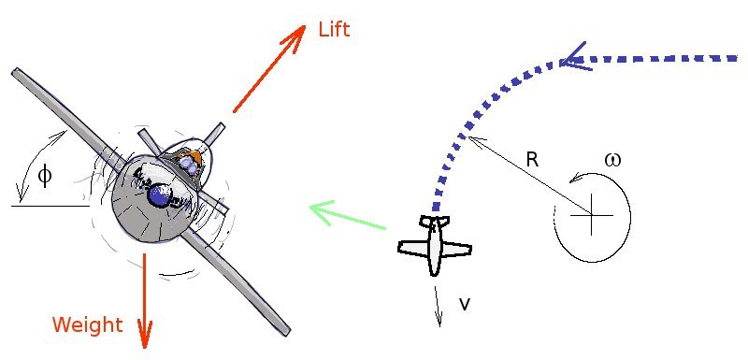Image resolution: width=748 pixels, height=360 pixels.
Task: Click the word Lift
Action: (x=334, y=29)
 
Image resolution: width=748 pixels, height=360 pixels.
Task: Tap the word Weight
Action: (x=87, y=325)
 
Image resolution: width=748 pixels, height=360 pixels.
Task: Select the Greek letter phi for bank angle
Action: (x=44, y=174)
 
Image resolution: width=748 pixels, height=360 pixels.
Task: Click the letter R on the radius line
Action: (x=532, y=160)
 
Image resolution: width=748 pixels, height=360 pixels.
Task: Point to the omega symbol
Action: (x=612, y=159)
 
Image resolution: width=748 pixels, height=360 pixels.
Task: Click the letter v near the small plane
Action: (x=465, y=304)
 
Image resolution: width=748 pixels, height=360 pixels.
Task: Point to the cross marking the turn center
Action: (x=591, y=216)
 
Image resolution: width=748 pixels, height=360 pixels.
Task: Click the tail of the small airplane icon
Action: (x=433, y=222)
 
